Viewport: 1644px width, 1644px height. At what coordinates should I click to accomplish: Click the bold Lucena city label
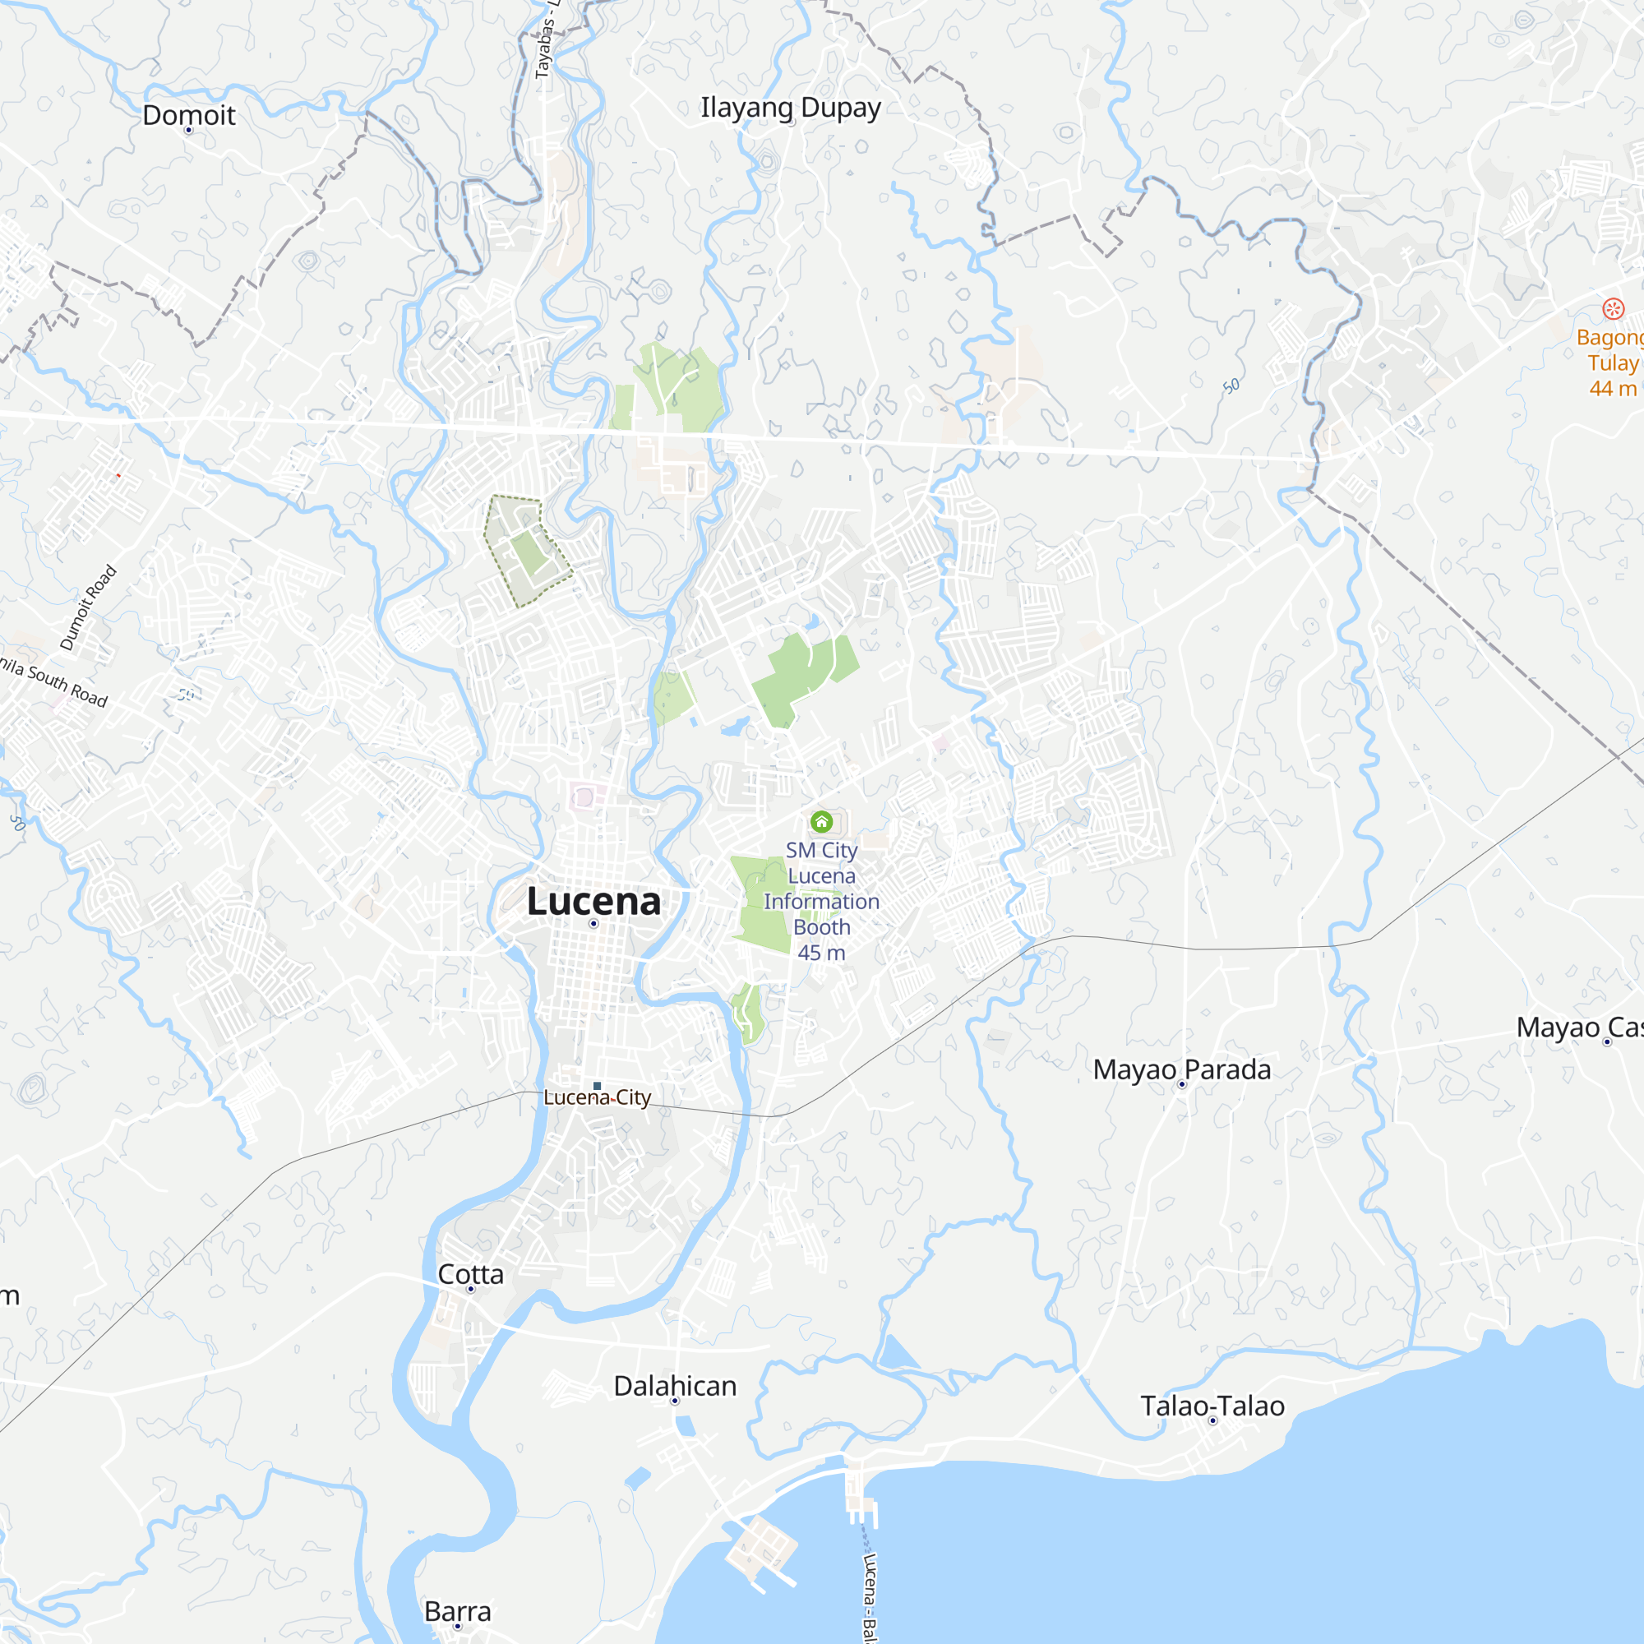[x=593, y=901]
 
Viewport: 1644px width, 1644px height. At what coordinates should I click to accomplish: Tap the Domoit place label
[x=189, y=115]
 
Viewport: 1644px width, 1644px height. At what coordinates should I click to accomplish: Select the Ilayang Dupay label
[x=790, y=108]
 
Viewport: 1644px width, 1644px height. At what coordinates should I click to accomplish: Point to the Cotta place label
[x=470, y=1274]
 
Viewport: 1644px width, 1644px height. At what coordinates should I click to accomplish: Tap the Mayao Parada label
[x=1181, y=1069]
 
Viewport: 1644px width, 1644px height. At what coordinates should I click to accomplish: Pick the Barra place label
[x=457, y=1612]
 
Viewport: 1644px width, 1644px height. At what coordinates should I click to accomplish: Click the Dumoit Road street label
[x=88, y=607]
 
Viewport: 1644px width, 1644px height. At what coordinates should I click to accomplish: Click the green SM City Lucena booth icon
[x=821, y=821]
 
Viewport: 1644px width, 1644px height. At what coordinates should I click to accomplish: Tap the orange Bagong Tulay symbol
[x=1613, y=308]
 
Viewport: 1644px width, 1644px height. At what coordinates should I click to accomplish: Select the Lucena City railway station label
[x=597, y=1097]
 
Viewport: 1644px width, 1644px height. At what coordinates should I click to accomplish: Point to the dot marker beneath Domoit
[x=189, y=130]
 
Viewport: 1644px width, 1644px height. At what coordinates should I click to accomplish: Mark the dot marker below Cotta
[x=470, y=1289]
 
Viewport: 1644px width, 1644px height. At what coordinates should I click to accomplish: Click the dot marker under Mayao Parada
[x=1181, y=1084]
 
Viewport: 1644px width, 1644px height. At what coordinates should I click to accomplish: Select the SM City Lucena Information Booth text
[x=821, y=901]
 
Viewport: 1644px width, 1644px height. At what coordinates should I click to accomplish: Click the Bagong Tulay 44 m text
[x=1611, y=363]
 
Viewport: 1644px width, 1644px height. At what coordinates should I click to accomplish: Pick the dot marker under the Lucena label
[x=593, y=923]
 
